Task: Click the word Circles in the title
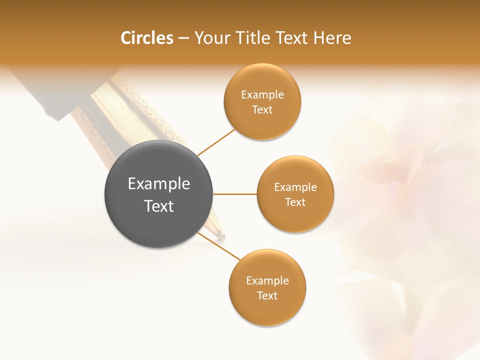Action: (146, 38)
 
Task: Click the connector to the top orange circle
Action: (216, 142)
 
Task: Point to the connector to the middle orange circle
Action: (235, 194)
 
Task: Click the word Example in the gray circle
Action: (159, 184)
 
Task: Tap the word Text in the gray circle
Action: (159, 206)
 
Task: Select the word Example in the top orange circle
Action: (262, 95)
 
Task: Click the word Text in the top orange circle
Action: (262, 109)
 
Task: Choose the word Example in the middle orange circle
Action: (295, 187)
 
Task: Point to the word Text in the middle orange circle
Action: (295, 202)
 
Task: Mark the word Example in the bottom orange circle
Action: (267, 281)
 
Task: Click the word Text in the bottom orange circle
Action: (267, 295)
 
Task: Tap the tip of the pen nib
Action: (222, 235)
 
